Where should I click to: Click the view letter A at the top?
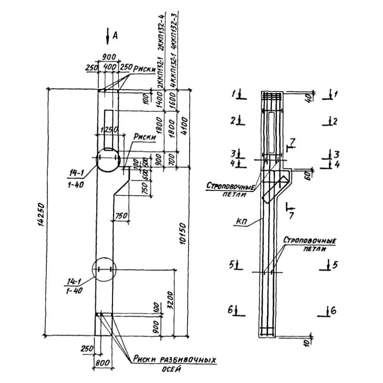115,34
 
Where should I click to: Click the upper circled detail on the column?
107,160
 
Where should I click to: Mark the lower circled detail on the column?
104,270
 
